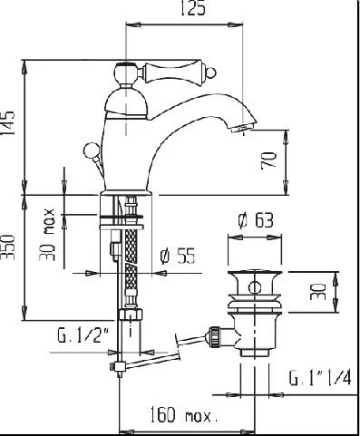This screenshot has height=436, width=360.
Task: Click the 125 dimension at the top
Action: click(193, 8)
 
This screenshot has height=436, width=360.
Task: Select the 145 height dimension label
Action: click(8, 123)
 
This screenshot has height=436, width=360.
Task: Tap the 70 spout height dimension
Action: click(268, 160)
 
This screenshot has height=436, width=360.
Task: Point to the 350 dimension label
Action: click(8, 247)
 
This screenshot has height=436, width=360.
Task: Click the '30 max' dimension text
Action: click(47, 235)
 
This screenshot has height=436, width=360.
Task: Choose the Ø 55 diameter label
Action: click(178, 257)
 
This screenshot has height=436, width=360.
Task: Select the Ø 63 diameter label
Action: click(256, 220)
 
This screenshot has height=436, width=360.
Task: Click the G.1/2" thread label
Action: click(83, 334)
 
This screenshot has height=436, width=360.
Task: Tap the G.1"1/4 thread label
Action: click(320, 378)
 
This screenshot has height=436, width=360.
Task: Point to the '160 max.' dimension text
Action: click(184, 414)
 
